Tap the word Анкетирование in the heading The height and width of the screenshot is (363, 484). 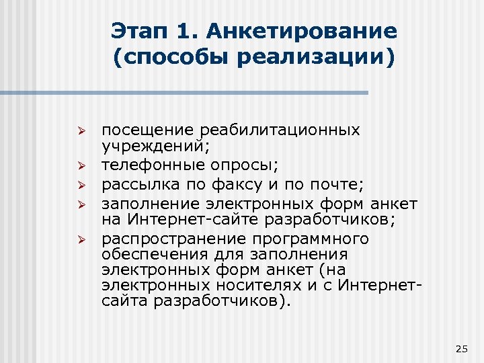coord(302,31)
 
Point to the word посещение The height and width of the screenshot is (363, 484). coord(139,130)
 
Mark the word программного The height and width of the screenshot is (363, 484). coord(305,239)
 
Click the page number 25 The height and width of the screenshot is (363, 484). coord(460,348)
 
